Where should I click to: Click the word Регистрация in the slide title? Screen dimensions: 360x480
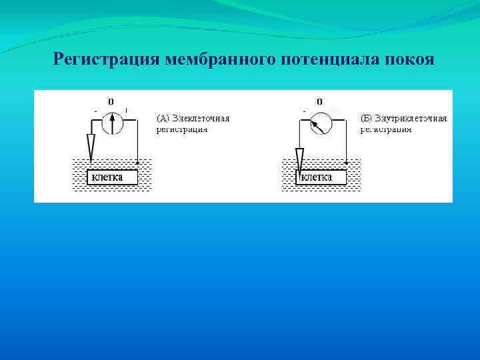pos(105,59)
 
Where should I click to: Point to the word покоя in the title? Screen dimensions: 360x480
pos(409,59)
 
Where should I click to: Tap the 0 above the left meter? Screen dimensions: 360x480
pos(111,101)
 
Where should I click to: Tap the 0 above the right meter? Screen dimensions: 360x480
pos(320,101)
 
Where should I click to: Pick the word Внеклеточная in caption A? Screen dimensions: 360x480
pos(201,118)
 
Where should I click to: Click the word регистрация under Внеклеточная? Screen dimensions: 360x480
pos(181,129)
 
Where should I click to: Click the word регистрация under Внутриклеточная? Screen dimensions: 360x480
pos(386,129)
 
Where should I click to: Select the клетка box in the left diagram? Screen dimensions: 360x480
pos(113,177)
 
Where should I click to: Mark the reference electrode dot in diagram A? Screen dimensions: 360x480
pos(137,162)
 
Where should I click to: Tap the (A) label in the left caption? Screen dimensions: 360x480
pos(163,118)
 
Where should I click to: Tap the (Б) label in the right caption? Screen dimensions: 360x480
pos(366,118)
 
